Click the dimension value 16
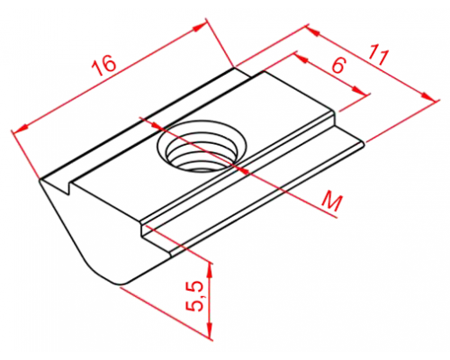[x=103, y=66]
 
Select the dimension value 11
[x=379, y=55]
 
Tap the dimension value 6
[x=338, y=65]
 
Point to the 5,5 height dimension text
[x=194, y=297]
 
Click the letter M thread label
[x=331, y=203]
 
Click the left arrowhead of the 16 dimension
[x=20, y=128]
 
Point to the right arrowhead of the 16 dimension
[x=199, y=28]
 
